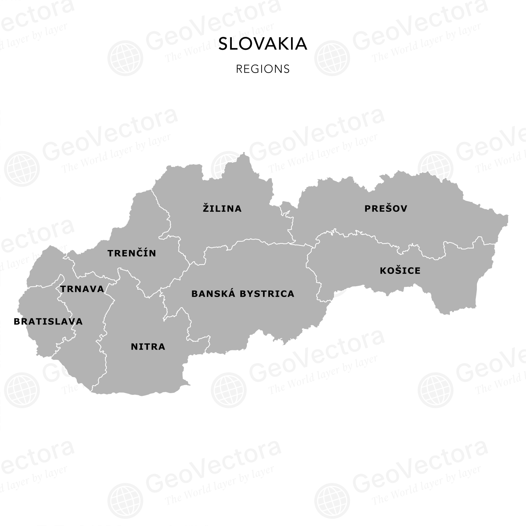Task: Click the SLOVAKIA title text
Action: click(x=263, y=44)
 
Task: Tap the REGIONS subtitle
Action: click(x=263, y=69)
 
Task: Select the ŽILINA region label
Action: click(x=222, y=209)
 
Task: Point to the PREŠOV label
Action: click(x=386, y=209)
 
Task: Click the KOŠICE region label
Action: click(x=400, y=271)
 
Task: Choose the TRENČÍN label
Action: click(x=132, y=253)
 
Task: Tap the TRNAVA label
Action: click(x=82, y=289)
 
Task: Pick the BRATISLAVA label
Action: click(x=48, y=322)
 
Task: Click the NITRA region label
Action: click(x=148, y=347)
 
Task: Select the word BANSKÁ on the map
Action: click(x=214, y=294)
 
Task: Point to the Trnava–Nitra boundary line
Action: click(x=104, y=323)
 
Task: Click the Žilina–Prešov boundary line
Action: click(x=291, y=224)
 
